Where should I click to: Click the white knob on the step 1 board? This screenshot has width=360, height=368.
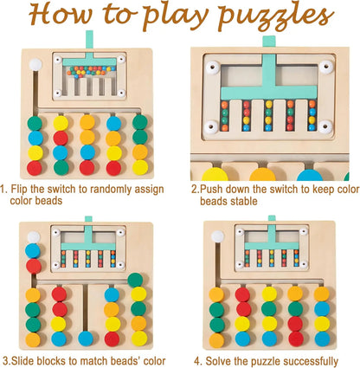35,65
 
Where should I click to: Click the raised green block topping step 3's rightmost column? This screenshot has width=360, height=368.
136,280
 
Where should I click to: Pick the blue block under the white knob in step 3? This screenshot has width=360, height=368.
33,251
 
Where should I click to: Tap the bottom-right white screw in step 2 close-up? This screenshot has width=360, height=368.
325,127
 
